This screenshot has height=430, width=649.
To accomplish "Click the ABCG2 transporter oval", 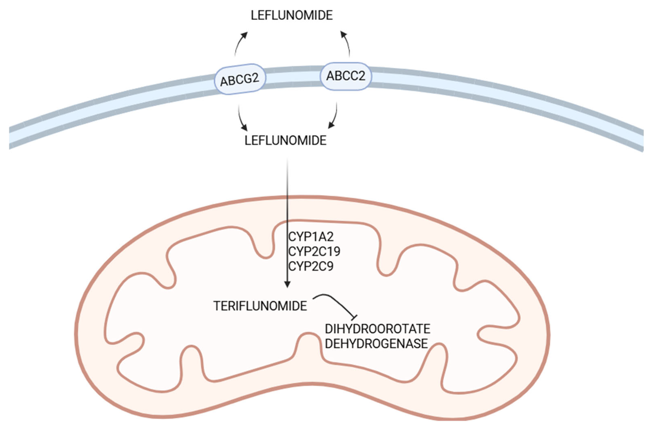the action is [240, 79].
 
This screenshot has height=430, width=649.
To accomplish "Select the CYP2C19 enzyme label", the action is [314, 251].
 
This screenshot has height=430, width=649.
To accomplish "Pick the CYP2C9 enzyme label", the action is [311, 266].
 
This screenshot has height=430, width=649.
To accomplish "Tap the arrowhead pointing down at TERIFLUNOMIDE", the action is [287, 284].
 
